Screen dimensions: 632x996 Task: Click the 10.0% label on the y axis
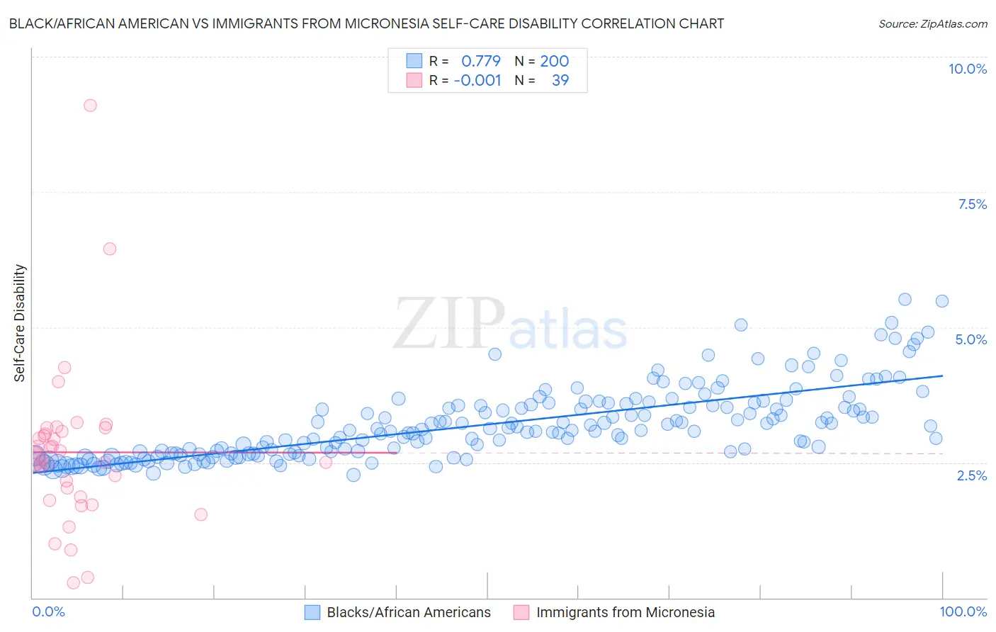click(x=967, y=69)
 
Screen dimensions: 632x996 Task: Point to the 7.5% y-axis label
click(x=972, y=204)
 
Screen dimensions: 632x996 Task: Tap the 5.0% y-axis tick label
click(x=970, y=339)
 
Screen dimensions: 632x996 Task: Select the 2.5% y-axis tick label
click(x=971, y=475)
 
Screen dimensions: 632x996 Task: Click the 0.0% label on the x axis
click(x=48, y=611)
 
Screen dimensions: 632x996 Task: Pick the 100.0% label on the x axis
click(x=963, y=611)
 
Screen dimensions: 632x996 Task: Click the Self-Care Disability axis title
click(x=20, y=323)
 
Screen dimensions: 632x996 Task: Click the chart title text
click(x=366, y=23)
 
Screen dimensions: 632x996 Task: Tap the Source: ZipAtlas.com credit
click(x=932, y=23)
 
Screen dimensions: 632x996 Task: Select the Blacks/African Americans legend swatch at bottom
click(x=312, y=612)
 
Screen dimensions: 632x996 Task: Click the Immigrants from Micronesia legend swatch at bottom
click(x=521, y=612)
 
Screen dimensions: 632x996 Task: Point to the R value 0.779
click(x=480, y=61)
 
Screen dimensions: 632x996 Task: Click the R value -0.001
click(x=477, y=80)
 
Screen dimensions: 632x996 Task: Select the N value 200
click(x=554, y=61)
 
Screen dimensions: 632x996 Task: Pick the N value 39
click(x=560, y=80)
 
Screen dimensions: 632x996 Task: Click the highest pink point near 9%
click(x=90, y=106)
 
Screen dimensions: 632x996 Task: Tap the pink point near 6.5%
click(x=109, y=249)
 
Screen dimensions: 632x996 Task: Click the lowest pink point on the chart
click(x=73, y=582)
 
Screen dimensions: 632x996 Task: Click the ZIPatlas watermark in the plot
click(x=510, y=325)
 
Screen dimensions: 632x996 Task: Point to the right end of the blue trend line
click(x=942, y=376)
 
